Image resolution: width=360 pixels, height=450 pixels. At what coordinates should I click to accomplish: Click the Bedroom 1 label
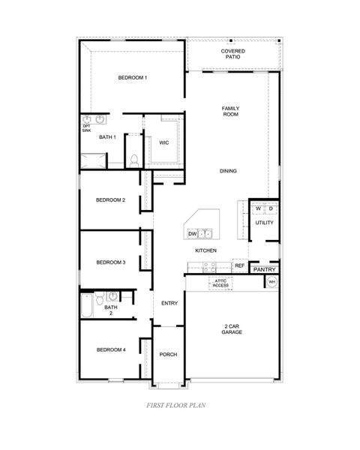point(133,78)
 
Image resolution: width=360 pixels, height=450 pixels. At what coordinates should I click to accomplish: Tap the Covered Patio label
point(232,54)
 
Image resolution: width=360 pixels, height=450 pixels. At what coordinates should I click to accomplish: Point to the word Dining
point(229,171)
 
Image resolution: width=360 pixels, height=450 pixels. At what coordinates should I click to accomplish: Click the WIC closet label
point(163,142)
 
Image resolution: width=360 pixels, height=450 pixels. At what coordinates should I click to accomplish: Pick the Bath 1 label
point(107,137)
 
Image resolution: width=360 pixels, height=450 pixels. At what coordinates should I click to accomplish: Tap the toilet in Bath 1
point(134,160)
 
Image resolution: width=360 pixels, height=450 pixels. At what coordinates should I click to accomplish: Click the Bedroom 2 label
point(110,199)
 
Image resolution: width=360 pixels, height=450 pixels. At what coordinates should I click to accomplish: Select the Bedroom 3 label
point(110,262)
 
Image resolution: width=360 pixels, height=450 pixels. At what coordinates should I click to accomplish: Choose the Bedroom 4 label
point(110,349)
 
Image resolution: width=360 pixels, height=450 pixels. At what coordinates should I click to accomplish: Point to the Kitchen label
point(206,250)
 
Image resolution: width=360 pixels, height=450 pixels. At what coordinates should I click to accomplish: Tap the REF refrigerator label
point(240,265)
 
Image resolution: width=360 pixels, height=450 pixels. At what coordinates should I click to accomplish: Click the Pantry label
point(264,270)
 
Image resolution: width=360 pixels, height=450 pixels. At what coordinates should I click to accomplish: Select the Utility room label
point(264,223)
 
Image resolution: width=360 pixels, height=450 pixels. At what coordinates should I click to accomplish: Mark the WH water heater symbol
point(271,282)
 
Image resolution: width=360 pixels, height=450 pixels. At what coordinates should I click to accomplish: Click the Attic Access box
point(220,283)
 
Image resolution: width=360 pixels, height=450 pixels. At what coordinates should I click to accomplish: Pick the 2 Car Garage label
point(231,328)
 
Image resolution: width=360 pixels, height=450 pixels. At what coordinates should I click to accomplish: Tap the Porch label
point(168,354)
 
